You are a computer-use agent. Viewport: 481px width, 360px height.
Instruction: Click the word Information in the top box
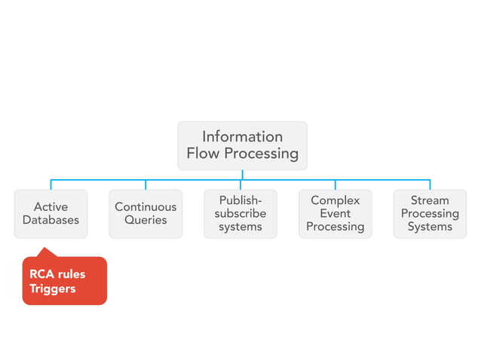[x=242, y=136]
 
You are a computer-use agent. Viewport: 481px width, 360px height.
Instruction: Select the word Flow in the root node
[x=205, y=154]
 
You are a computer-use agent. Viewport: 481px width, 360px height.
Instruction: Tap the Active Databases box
[x=51, y=214]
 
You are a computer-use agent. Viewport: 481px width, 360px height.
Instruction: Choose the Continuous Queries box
[x=146, y=214]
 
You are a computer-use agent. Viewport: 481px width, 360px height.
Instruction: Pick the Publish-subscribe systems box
[x=240, y=214]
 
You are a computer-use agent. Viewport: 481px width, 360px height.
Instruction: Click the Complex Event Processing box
[x=335, y=214]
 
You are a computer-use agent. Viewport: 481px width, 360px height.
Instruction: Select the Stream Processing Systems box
[x=430, y=214]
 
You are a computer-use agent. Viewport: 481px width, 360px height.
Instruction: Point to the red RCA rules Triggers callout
[x=64, y=281]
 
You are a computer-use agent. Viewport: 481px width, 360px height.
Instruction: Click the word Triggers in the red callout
[x=53, y=288]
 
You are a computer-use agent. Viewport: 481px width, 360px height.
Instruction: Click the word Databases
[x=51, y=221]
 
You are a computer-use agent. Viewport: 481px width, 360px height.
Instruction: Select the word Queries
[x=146, y=221]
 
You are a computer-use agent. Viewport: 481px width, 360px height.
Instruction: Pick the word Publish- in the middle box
[x=240, y=200]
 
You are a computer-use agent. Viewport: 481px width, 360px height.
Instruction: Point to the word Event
[x=335, y=214]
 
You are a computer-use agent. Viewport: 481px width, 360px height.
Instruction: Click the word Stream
[x=430, y=200]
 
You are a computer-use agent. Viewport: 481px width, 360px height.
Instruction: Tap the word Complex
[x=335, y=200]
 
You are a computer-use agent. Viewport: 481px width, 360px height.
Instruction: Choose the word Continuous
[x=146, y=207]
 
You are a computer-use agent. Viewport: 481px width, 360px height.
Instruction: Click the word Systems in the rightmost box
[x=430, y=227]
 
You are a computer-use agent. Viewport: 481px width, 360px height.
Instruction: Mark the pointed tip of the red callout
[x=44, y=249]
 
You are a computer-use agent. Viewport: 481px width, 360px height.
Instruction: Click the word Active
[x=51, y=207]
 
